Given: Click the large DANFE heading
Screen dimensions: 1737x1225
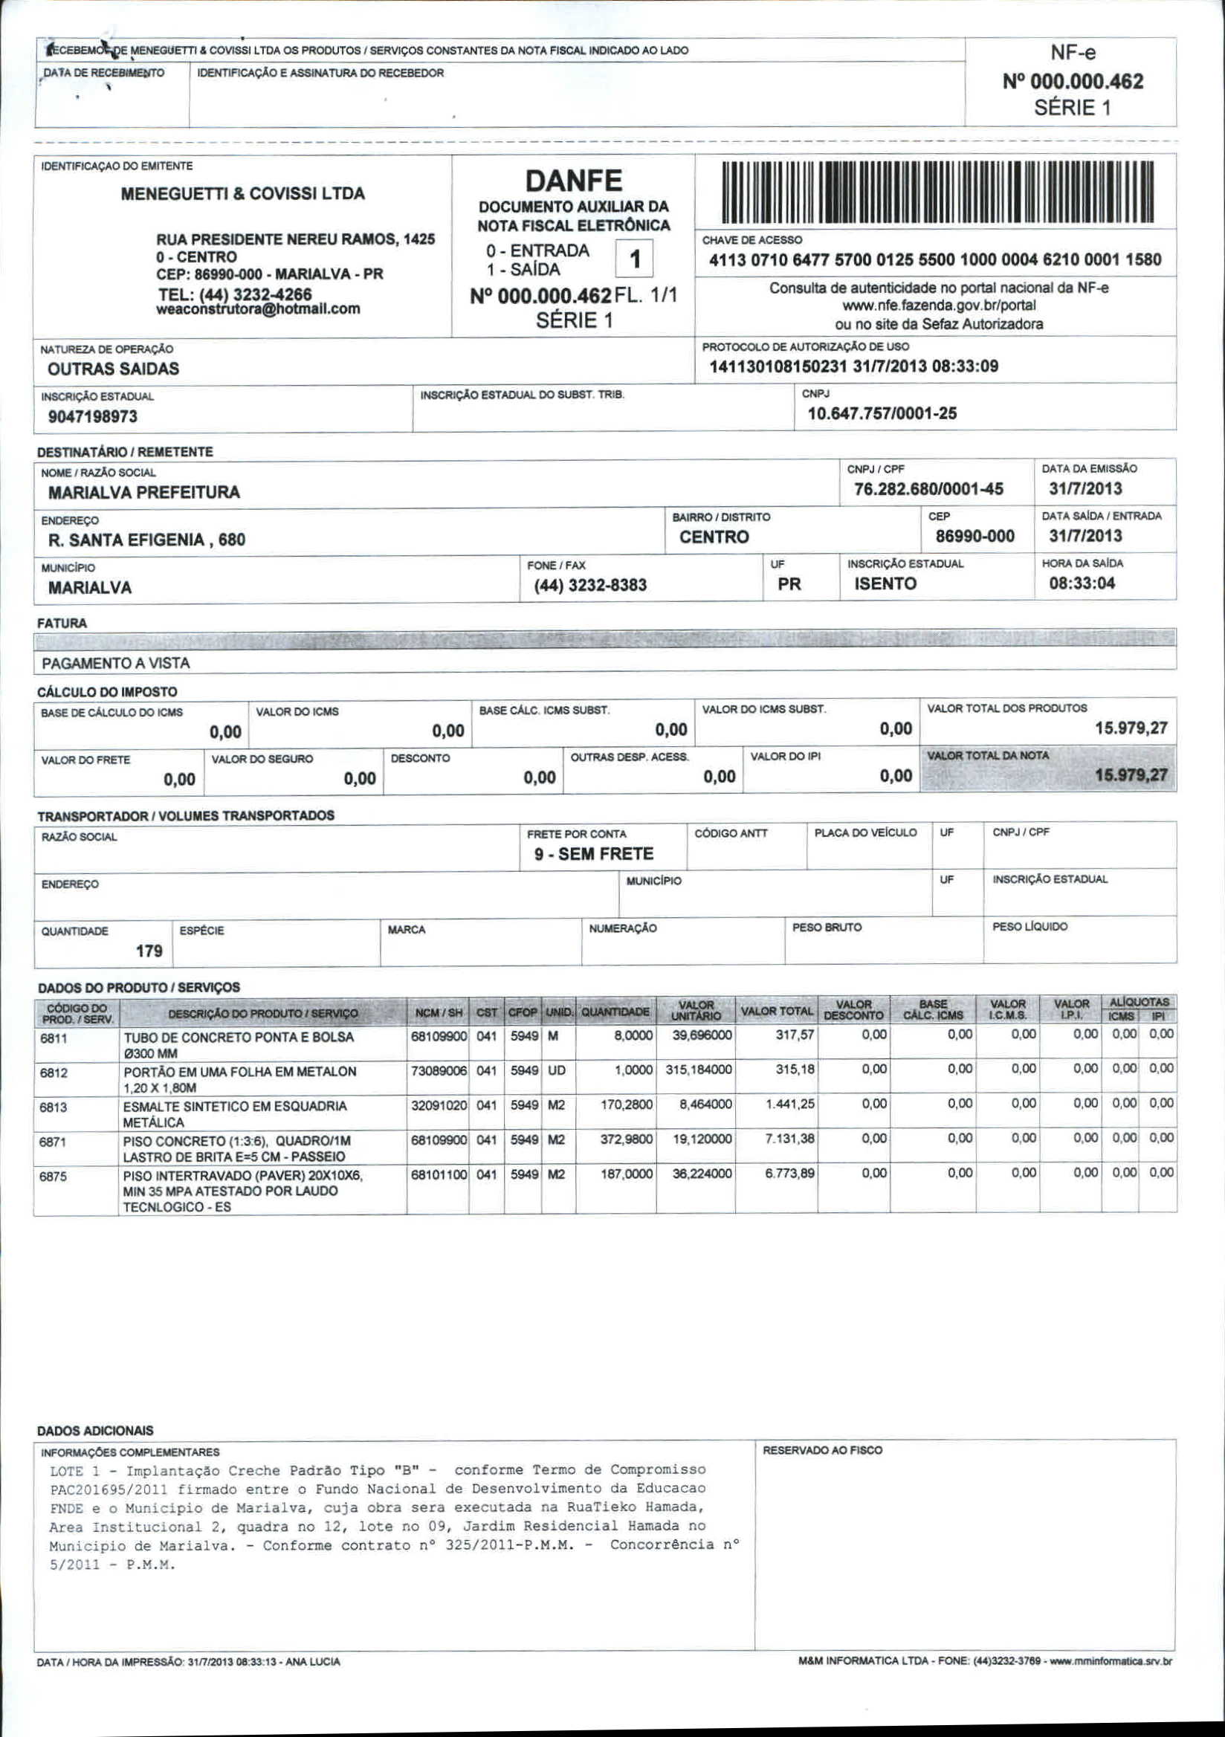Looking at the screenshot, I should [x=574, y=181].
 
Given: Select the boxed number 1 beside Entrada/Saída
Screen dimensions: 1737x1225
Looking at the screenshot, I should [x=634, y=259].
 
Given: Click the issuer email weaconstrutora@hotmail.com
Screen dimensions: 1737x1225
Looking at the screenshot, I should [x=258, y=309].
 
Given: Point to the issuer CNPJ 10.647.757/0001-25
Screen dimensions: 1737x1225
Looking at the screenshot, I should [x=882, y=413].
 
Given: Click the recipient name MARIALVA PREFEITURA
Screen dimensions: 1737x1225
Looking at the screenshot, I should [x=143, y=493].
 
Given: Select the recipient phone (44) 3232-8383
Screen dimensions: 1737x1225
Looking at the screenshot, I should [x=590, y=585].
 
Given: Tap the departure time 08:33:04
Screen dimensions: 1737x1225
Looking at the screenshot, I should [x=1082, y=583].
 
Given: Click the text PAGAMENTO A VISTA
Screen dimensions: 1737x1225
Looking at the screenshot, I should [x=116, y=664].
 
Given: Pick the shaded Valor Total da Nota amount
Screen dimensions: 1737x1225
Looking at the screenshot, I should [x=1131, y=775].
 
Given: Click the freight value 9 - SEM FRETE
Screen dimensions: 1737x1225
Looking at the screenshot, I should [x=593, y=854].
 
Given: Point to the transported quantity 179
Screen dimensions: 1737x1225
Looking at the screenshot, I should [x=149, y=951].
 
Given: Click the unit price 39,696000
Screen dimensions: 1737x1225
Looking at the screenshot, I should [x=702, y=1035].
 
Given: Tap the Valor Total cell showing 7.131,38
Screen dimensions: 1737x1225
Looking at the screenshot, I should [x=789, y=1139].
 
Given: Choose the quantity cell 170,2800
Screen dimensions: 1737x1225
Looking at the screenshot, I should [x=627, y=1104].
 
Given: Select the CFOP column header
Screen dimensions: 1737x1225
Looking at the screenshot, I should [x=522, y=1012].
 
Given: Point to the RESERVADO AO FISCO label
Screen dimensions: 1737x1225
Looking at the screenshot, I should [x=821, y=1450].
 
